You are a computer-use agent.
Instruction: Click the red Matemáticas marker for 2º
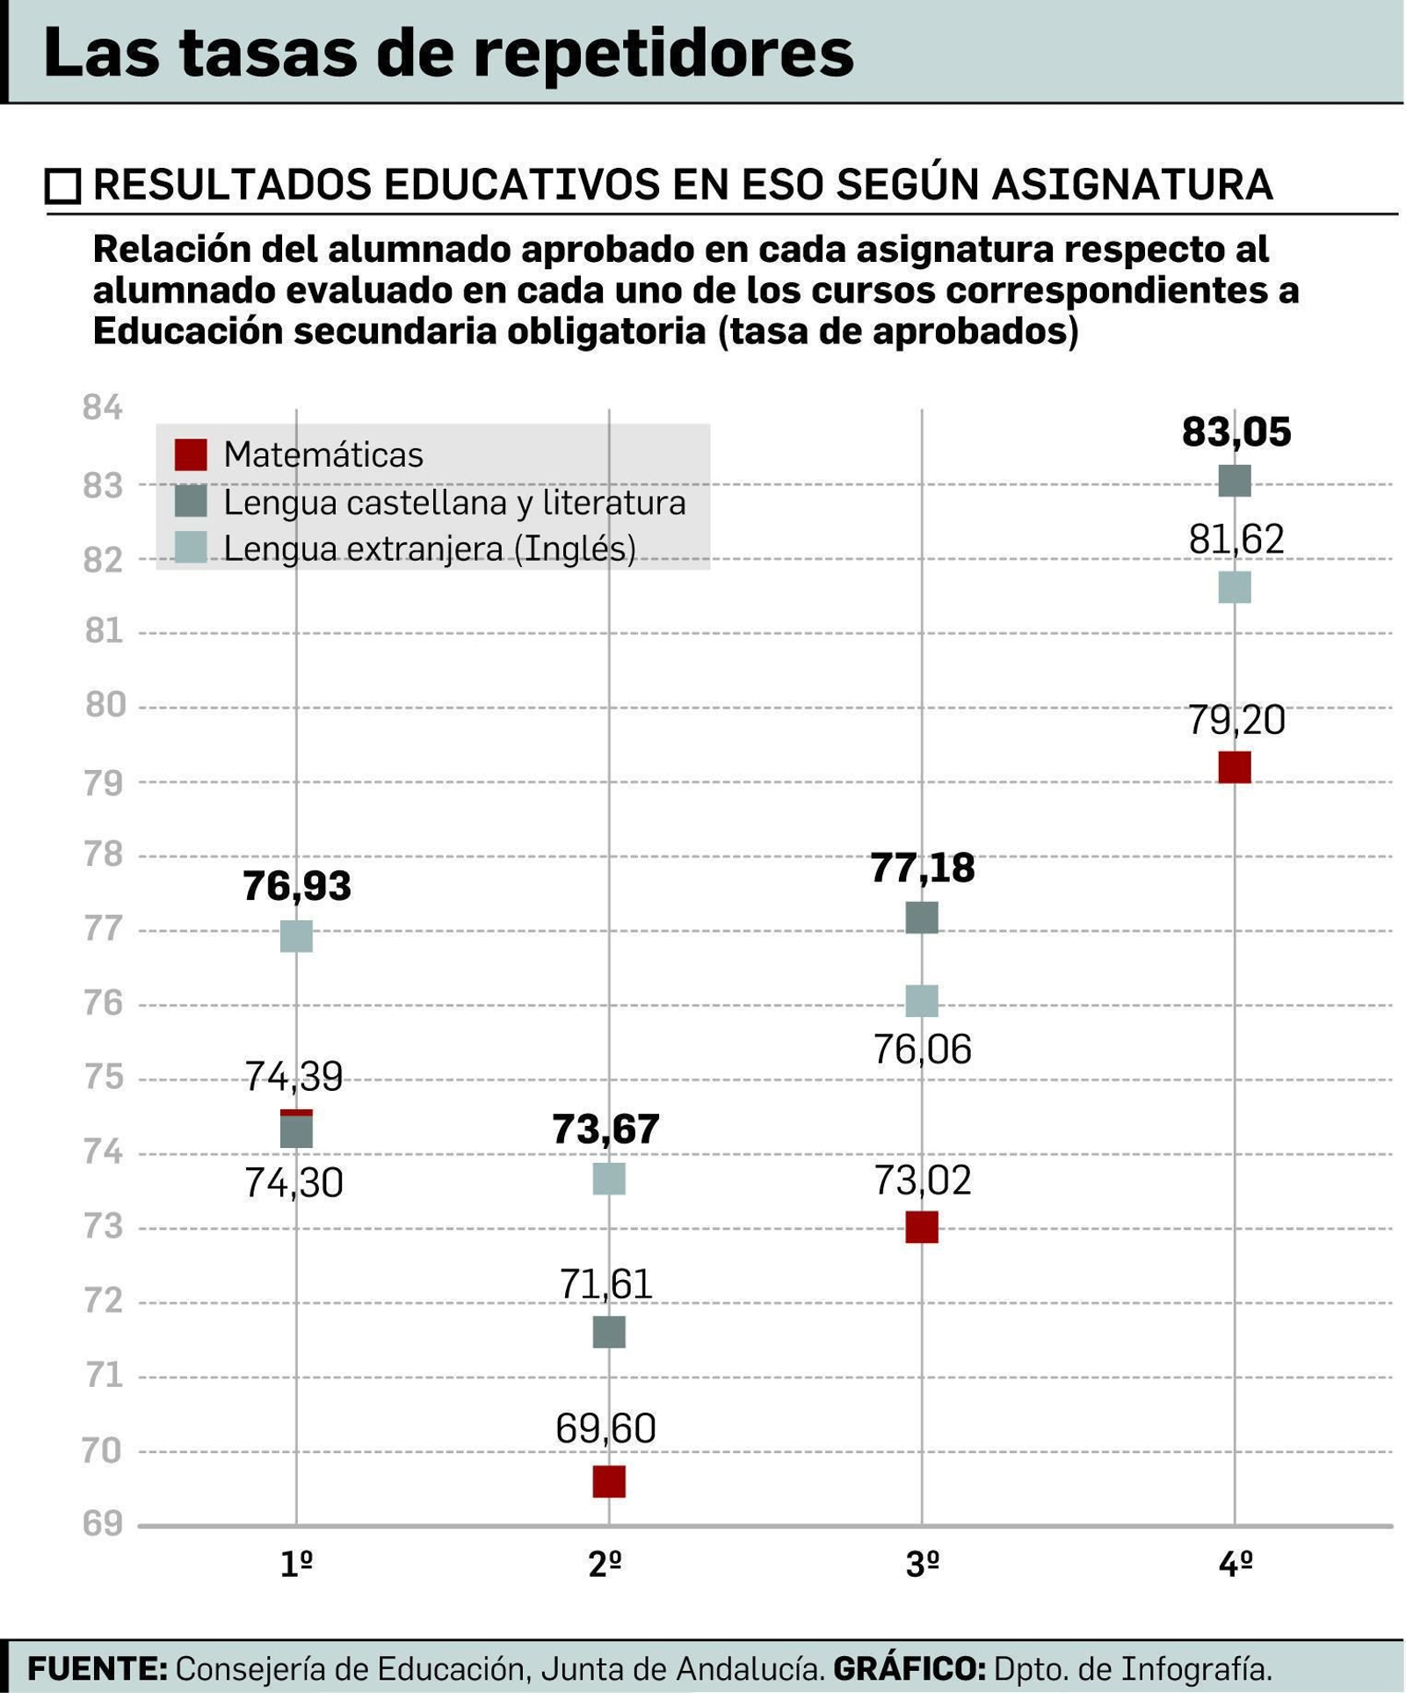(609, 1481)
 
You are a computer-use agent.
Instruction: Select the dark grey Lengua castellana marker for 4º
(1235, 481)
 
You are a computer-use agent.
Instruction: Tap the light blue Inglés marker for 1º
(296, 936)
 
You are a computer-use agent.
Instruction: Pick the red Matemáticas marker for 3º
(922, 1226)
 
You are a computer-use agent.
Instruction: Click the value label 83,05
(1236, 432)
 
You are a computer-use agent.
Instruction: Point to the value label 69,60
(605, 1428)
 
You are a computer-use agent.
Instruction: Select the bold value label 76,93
(296, 886)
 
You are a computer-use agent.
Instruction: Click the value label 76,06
(922, 1050)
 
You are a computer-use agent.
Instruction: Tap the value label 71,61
(605, 1284)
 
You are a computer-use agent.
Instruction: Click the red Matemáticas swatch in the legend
(191, 454)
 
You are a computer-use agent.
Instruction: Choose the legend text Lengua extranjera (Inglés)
(429, 549)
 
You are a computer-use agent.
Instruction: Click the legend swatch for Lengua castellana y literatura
(191, 501)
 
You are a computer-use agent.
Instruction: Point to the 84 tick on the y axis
(103, 408)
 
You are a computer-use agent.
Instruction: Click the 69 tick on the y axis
(103, 1523)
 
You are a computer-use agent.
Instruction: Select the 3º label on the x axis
(922, 1565)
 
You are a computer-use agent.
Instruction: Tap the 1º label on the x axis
(296, 1565)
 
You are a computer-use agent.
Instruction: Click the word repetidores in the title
(663, 53)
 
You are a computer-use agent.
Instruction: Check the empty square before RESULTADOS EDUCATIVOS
(62, 186)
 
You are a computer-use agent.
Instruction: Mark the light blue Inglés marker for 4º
(1235, 587)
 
